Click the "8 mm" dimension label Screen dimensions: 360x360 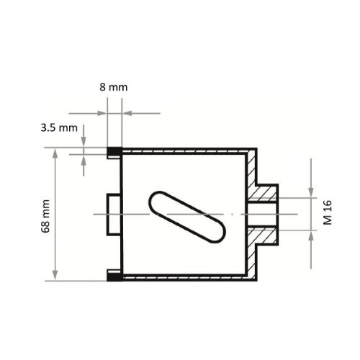click(114, 86)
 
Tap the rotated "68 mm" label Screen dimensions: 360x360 click(45, 215)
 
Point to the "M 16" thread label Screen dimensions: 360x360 click(328, 213)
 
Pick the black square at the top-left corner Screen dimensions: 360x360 click(114, 152)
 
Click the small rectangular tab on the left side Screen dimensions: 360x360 click(114, 214)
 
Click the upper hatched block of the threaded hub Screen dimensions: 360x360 click(266, 192)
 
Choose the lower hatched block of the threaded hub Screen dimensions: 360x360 click(266, 235)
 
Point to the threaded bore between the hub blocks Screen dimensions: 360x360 click(266, 214)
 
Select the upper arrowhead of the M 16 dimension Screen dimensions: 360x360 click(311, 191)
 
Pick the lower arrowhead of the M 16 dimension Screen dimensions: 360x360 click(311, 235)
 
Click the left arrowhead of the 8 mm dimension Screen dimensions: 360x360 click(103, 113)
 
